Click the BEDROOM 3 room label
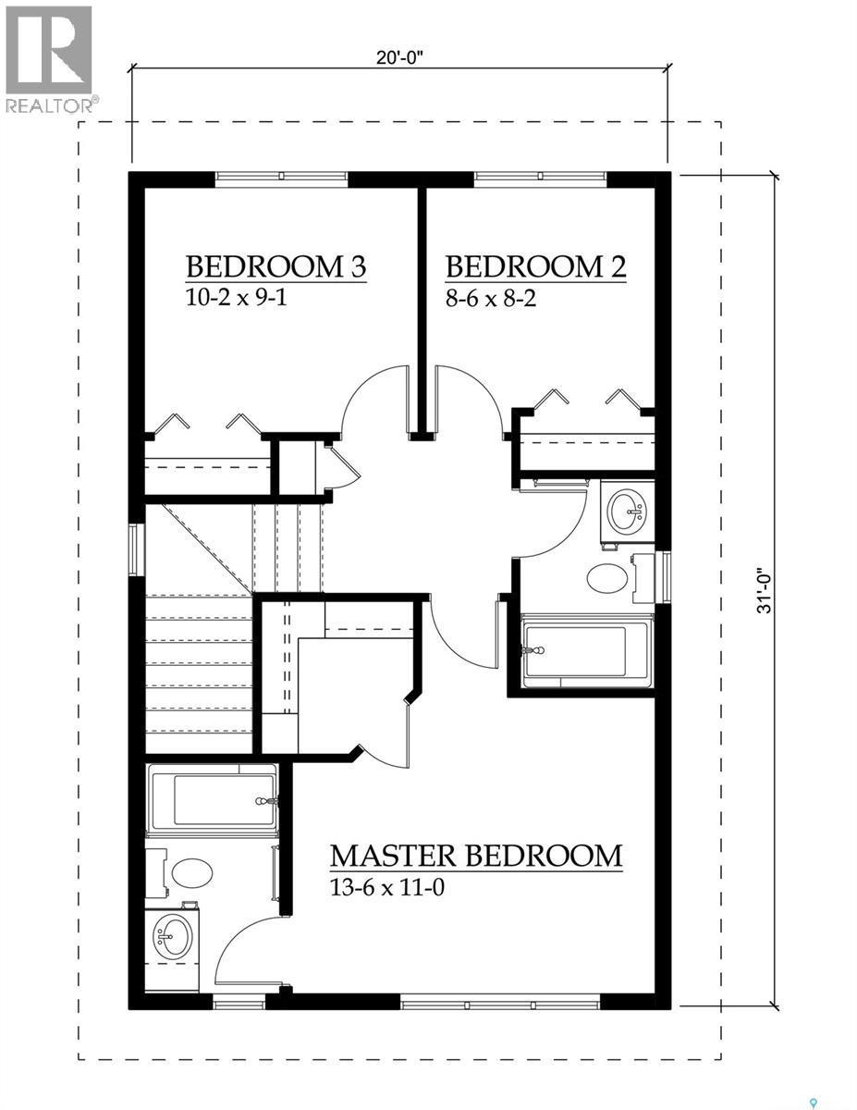tap(275, 266)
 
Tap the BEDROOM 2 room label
tap(535, 266)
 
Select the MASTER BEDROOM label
tap(476, 855)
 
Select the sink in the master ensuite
tap(171, 936)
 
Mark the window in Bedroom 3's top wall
tap(281, 179)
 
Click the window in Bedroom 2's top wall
tap(540, 179)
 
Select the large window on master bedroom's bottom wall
tap(500, 1002)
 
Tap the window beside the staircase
tap(136, 549)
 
